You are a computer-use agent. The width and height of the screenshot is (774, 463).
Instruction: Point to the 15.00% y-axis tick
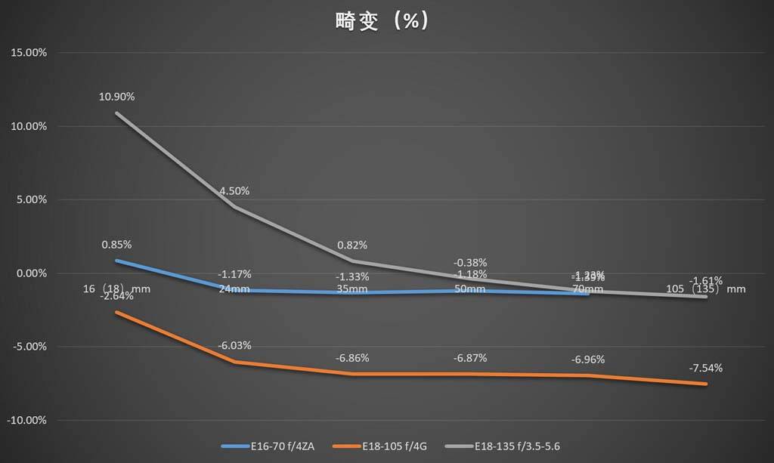[x=29, y=53]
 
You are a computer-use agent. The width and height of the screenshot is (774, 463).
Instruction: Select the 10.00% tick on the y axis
[x=29, y=126]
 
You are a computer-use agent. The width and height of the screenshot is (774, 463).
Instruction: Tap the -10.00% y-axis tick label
[x=27, y=420]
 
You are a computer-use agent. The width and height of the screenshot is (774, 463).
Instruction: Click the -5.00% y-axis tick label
[x=29, y=347]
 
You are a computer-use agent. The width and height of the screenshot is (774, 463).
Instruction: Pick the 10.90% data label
[x=116, y=97]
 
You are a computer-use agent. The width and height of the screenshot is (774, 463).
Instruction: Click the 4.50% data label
[x=234, y=190]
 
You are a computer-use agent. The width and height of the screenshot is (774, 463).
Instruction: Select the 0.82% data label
[x=352, y=245]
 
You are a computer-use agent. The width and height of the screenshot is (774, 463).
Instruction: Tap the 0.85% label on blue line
[x=116, y=245]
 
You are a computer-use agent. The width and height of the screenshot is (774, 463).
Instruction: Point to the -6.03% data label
[x=234, y=345]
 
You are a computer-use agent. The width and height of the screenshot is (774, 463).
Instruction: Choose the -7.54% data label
[x=705, y=368]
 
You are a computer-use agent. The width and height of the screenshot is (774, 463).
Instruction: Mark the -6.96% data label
[x=588, y=359]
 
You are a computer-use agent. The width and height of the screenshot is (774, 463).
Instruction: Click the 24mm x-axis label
[x=234, y=289]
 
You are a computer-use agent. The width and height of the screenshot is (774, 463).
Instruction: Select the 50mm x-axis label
[x=469, y=289]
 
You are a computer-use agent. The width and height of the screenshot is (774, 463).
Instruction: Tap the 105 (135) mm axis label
[x=705, y=289]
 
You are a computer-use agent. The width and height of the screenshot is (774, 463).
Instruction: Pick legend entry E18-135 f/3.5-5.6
[x=513, y=446]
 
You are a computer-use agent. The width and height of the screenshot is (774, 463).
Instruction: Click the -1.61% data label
[x=705, y=280]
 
